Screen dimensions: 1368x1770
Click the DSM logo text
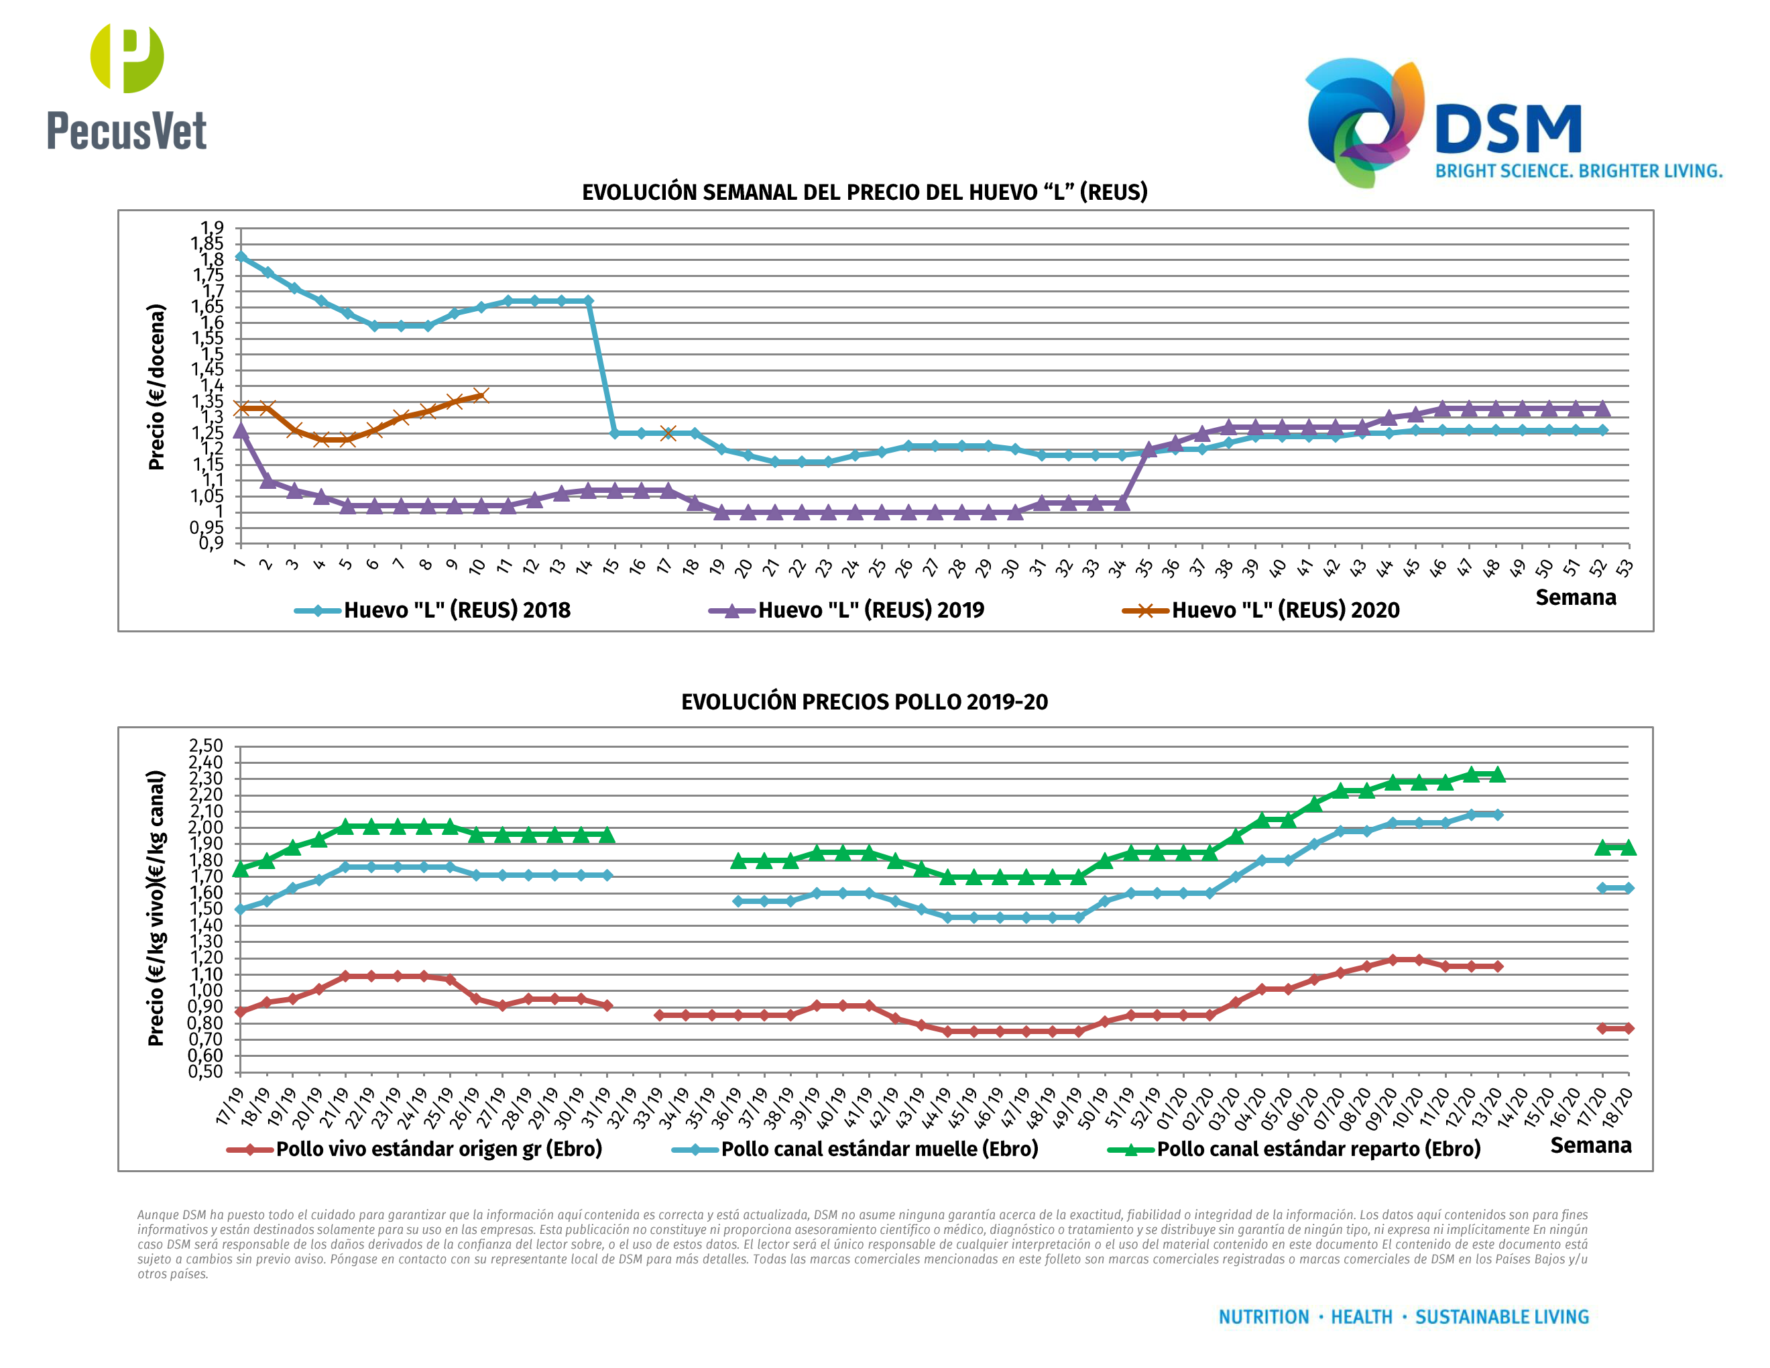[x=1507, y=129]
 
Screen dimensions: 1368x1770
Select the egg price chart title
[x=864, y=192]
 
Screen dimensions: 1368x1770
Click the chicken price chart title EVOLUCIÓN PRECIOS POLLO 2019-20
[x=864, y=702]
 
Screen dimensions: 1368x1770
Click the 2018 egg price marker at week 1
[x=241, y=257]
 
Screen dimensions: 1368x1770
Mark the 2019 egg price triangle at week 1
[x=241, y=431]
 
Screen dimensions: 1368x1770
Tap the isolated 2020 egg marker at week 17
[x=668, y=434]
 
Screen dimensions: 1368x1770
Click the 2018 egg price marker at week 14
[x=587, y=300]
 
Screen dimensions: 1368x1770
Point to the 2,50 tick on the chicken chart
[x=206, y=746]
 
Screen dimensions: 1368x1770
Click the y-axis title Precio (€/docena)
[x=156, y=388]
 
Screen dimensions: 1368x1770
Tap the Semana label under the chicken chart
[x=1590, y=1145]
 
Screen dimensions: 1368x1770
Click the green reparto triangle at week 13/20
[x=1497, y=775]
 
